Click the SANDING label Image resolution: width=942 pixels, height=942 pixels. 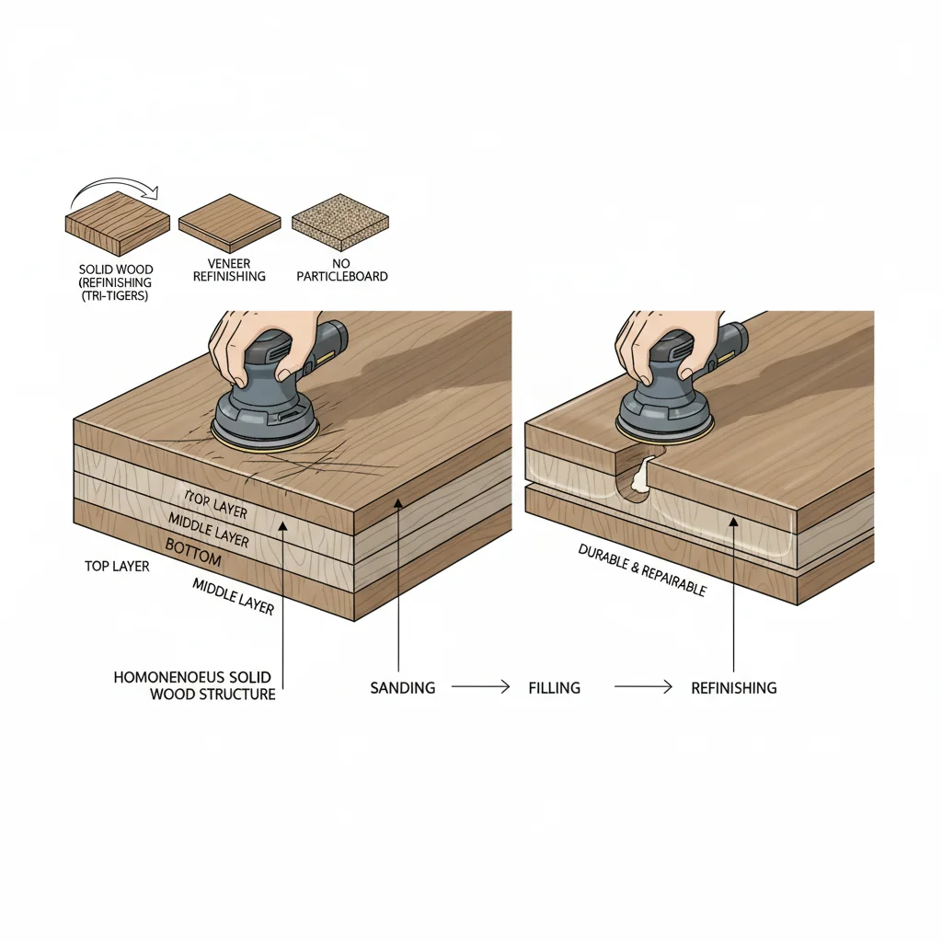(x=403, y=687)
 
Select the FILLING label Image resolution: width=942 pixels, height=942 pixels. (x=554, y=687)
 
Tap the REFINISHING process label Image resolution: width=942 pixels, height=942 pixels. (x=733, y=687)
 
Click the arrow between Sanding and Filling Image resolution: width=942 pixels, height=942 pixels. (x=478, y=686)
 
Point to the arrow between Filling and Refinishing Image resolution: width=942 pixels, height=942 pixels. (x=644, y=686)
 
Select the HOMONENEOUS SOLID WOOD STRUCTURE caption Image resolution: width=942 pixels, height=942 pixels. (x=195, y=685)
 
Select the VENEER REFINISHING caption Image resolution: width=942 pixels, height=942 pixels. (x=230, y=270)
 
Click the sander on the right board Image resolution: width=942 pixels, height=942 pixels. (x=668, y=391)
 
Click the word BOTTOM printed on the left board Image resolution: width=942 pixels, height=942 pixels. (x=194, y=546)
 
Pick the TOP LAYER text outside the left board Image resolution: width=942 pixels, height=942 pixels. (x=117, y=567)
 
